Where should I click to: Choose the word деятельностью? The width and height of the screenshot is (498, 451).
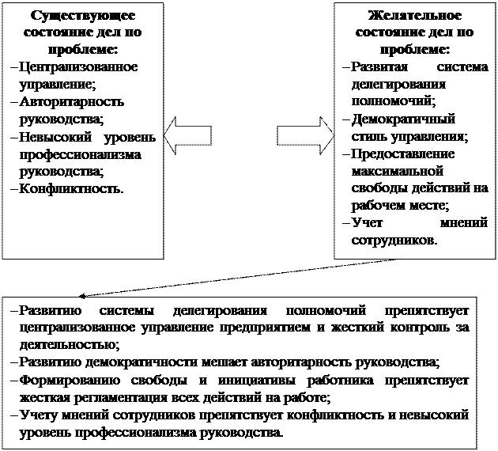tap(69, 345)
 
